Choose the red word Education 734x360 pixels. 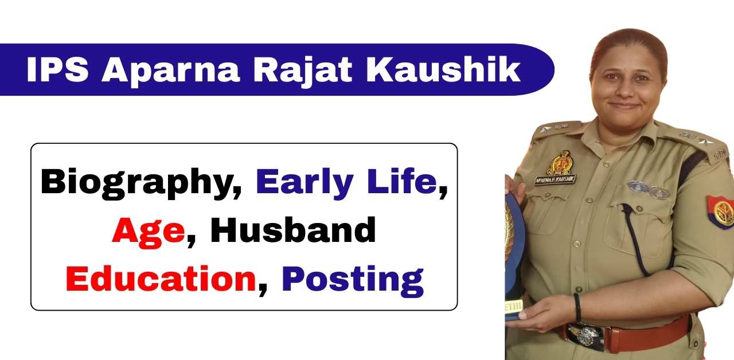[161, 279]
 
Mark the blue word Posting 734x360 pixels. [353, 279]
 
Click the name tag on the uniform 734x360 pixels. [555, 179]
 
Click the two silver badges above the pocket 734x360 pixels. [649, 189]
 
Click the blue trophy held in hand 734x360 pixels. [514, 246]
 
